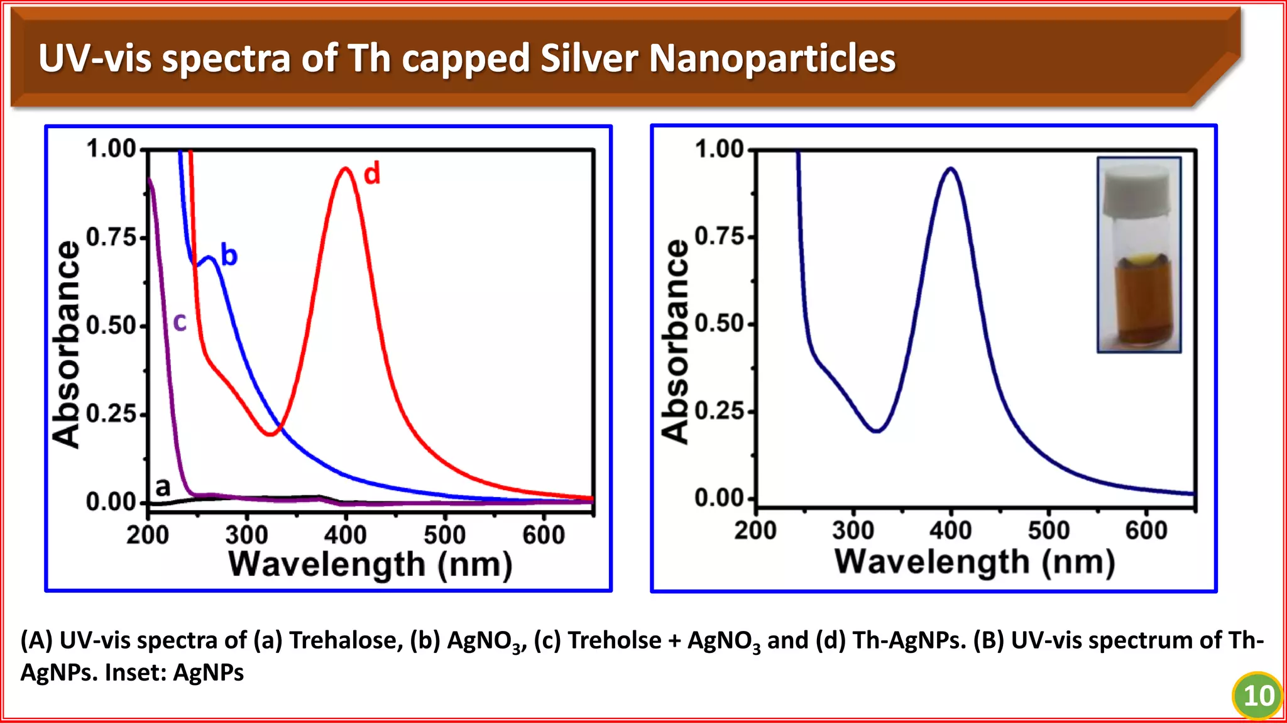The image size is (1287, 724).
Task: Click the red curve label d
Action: coord(372,173)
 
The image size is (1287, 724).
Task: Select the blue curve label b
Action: coord(229,255)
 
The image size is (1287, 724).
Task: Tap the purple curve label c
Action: coord(180,322)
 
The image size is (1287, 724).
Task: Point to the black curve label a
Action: coord(163,486)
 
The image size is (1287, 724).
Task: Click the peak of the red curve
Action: coord(346,168)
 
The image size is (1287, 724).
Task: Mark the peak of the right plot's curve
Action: coord(951,168)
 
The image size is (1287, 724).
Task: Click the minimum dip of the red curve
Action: coord(270,434)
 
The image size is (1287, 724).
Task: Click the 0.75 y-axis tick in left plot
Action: coord(111,238)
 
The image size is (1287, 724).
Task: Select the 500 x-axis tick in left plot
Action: coord(444,535)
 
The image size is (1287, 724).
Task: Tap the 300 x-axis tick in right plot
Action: coord(853,530)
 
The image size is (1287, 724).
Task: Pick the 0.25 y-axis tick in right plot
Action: coord(720,411)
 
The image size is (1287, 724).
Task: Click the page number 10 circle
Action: coord(1257,695)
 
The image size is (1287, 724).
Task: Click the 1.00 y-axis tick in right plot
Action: coord(720,150)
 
